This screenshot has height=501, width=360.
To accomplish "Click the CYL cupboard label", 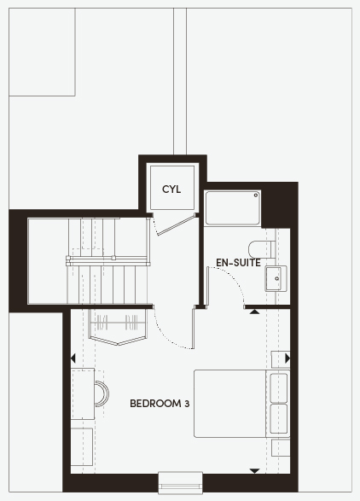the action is point(171,189).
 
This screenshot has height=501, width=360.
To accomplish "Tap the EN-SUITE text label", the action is point(238,263).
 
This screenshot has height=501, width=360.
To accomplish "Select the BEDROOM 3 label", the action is point(160,404).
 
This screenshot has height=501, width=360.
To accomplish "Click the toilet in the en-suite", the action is point(262,249).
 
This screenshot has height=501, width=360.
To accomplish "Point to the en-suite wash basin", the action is point(276,278).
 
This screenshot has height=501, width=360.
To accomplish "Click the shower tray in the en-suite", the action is point(232,208).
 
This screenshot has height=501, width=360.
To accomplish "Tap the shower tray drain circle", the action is point(256,195).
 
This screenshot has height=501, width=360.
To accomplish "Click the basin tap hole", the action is point(276,278).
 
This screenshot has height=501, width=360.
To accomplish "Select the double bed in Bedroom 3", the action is point(241,404).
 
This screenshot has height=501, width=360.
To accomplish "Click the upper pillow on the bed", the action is point(279,387).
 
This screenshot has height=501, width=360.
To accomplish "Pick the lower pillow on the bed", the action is point(279,419).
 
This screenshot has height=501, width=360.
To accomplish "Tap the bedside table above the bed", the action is point(281,359).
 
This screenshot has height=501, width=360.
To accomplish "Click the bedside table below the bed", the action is point(281,447).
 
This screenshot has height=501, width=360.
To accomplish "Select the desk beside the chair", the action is point(83,393).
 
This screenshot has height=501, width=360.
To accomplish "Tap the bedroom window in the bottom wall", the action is point(181,482).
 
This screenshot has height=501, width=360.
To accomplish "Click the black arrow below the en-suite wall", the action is point(254,312).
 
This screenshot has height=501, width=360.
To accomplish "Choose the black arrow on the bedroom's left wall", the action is point(73,358).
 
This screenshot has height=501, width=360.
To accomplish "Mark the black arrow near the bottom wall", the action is point(254,471).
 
